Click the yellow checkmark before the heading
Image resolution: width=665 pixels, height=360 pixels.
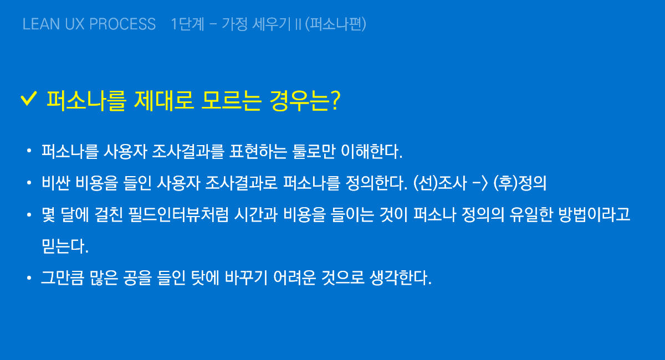pos(29,98)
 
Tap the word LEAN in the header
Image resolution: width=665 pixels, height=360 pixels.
pos(41,24)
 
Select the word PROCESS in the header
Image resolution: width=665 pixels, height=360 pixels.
pos(122,24)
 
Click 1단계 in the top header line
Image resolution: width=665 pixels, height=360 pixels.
pos(188,24)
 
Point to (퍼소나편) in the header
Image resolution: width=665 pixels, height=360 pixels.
pos(335,24)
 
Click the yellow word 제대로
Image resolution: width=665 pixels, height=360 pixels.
pos(164,101)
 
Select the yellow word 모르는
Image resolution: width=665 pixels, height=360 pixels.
pos(231,101)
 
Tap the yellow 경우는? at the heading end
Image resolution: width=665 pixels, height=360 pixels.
pos(305,101)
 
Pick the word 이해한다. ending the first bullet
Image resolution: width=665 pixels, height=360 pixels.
pos(372,151)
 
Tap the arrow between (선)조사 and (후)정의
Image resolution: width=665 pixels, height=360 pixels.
pos(480,183)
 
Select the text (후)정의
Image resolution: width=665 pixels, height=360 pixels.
pos(520,183)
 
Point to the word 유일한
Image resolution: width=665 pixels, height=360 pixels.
pos(531,214)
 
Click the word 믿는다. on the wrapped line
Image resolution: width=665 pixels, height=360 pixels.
pos(65,246)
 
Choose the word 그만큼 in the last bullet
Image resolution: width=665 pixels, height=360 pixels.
pos(62,277)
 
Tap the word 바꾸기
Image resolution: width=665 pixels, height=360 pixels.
pos(247,277)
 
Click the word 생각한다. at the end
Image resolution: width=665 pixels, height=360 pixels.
pos(401,277)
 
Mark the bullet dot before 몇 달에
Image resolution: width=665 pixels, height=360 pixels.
pos(29,214)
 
